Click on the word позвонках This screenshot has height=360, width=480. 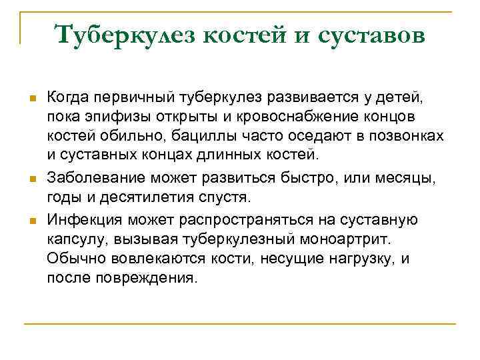click(410, 137)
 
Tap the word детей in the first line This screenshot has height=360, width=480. click(400, 98)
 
